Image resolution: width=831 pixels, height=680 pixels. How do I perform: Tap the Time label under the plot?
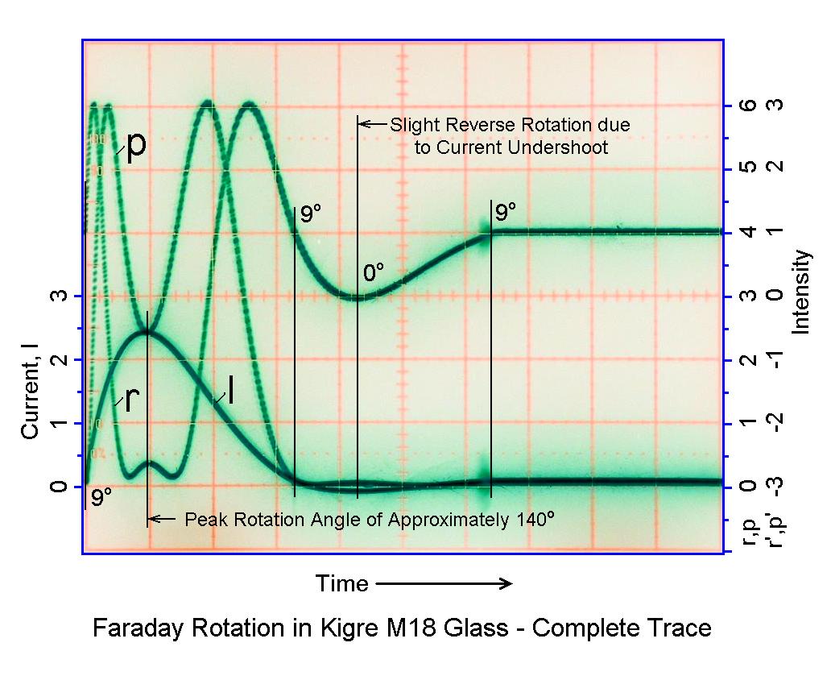coord(341,583)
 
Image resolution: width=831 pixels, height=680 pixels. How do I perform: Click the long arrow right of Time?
coord(444,583)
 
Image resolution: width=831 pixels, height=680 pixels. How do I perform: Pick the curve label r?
coord(132,399)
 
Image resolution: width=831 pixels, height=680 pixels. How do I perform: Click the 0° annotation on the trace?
coord(374,273)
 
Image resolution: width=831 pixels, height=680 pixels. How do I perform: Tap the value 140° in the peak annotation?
coord(533,519)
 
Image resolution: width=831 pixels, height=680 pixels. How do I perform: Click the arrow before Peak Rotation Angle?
coord(163,519)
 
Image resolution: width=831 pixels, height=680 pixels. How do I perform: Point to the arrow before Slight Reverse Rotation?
coord(371,124)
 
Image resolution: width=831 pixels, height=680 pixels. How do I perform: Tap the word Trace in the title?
coord(678,628)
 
